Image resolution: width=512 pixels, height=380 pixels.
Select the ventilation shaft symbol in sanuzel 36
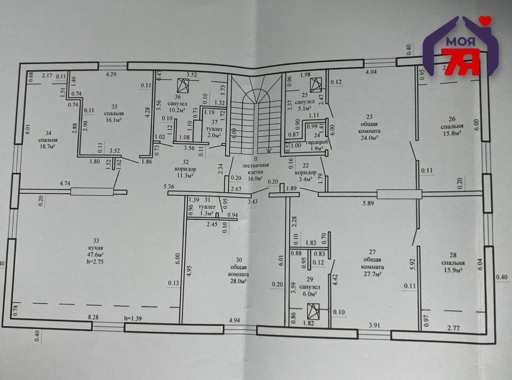point(182,85)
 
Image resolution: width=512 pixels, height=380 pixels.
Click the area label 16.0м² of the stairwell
point(255,179)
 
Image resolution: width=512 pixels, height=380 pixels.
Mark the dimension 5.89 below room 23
point(369,203)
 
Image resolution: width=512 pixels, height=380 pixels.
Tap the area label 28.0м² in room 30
point(239,282)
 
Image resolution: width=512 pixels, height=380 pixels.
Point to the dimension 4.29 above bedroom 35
point(111,74)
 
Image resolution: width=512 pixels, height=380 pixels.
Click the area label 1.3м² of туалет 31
point(207,214)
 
